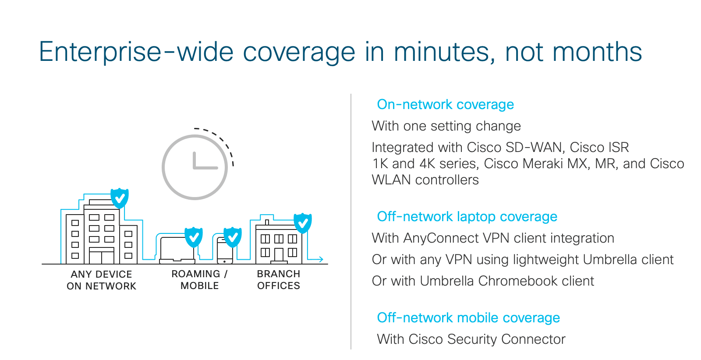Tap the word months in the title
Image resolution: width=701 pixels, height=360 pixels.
[597, 52]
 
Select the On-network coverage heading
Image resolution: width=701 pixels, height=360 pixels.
[445, 105]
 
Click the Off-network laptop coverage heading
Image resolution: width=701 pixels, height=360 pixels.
[467, 216]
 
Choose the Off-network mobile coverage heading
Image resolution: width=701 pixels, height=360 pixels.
[468, 318]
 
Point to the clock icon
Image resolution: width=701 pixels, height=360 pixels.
[195, 167]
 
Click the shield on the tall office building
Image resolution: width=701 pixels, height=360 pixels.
[120, 198]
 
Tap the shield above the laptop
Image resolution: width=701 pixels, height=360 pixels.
[194, 237]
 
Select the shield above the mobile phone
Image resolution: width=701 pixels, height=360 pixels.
[233, 237]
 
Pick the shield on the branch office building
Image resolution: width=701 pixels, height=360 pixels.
[303, 223]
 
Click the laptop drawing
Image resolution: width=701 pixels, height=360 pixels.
[177, 250]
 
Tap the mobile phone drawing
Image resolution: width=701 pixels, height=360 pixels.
[225, 251]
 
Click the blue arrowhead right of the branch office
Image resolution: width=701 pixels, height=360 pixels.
[321, 259]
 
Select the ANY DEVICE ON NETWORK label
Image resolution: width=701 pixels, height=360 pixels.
[101, 280]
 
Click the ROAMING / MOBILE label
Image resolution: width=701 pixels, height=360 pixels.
[200, 279]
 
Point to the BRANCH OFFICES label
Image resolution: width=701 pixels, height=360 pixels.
[279, 279]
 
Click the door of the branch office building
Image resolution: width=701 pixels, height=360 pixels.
[279, 254]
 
